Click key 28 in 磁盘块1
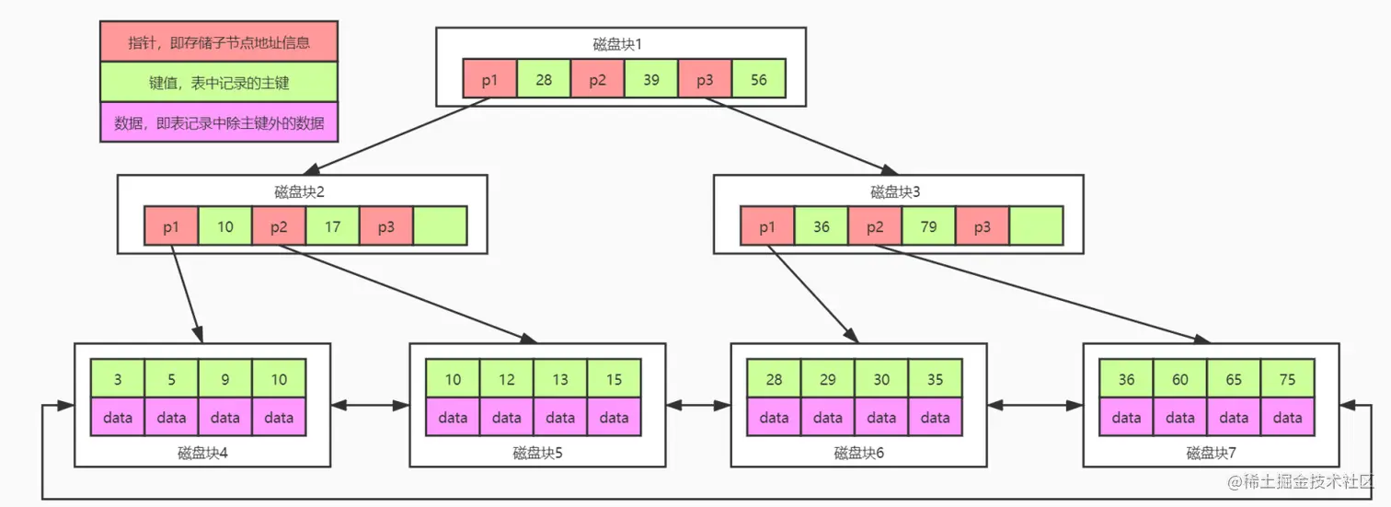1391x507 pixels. pos(544,79)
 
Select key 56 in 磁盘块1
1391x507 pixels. pos(759,79)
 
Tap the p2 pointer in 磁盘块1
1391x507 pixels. pos(597,79)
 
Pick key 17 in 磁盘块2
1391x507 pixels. pos(332,226)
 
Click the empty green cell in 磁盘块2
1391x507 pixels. pos(441,226)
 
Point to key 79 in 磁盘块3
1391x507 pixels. pos(928,226)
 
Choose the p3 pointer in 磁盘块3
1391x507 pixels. pos(983,226)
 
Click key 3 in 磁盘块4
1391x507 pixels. pos(118,379)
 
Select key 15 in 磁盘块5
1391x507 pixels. pos(614,379)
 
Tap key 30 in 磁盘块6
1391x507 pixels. pos(881,379)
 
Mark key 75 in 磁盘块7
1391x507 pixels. pos(1287,379)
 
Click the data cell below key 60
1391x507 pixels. pos(1180,418)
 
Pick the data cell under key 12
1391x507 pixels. pos(506,418)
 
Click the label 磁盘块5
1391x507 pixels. pos(537,453)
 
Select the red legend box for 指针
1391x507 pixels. pos(219,41)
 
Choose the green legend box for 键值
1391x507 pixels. pos(219,83)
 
